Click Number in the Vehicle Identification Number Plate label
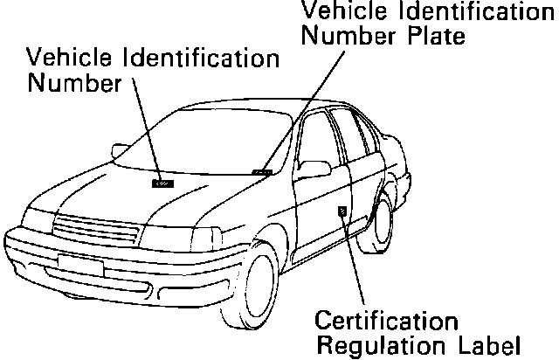(350, 37)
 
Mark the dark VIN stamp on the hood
(162, 183)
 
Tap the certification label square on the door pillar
(342, 210)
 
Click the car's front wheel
(257, 288)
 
